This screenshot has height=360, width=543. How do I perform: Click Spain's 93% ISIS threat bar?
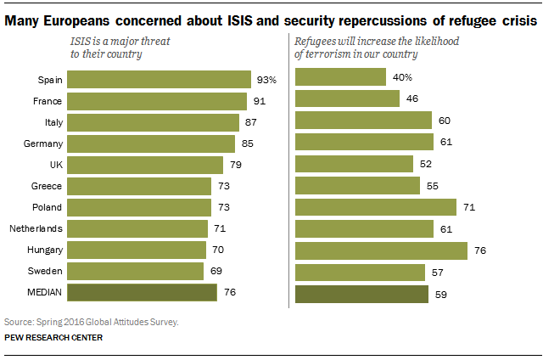(x=159, y=80)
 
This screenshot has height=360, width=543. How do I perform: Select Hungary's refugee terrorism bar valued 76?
(x=381, y=250)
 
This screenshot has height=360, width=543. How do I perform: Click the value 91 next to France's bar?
(x=260, y=101)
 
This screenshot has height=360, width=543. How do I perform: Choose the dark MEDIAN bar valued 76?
(x=143, y=293)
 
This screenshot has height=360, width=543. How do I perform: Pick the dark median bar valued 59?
(x=361, y=295)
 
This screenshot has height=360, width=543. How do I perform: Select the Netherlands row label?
(x=33, y=228)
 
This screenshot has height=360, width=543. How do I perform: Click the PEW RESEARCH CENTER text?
(x=53, y=338)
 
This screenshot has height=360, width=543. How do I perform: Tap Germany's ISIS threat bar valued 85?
(x=151, y=143)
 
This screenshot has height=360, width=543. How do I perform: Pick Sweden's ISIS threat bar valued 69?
(x=136, y=272)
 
